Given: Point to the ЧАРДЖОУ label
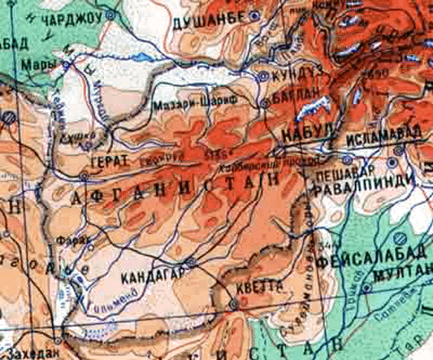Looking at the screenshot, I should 74,15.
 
